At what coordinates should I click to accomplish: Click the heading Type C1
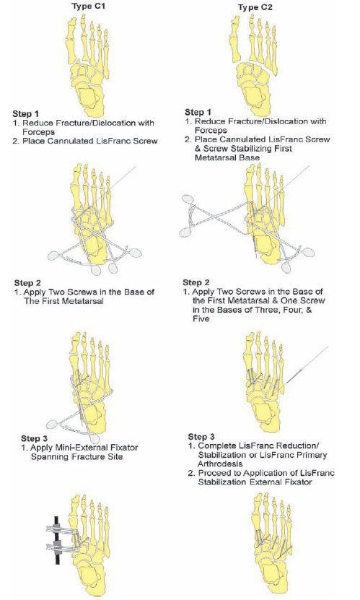[87, 6]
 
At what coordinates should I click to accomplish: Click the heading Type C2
[255, 7]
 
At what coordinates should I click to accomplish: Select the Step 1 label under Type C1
[25, 113]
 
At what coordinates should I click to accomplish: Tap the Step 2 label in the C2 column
[196, 283]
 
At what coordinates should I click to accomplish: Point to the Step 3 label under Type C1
[35, 438]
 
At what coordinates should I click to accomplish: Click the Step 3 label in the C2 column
[201, 437]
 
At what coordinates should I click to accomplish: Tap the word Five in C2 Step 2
[201, 318]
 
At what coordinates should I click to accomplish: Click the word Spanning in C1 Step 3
[47, 456]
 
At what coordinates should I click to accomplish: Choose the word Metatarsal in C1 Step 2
[84, 301]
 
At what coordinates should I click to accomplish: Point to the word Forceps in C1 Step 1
[38, 132]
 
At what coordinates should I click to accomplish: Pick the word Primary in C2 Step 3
[313, 456]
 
